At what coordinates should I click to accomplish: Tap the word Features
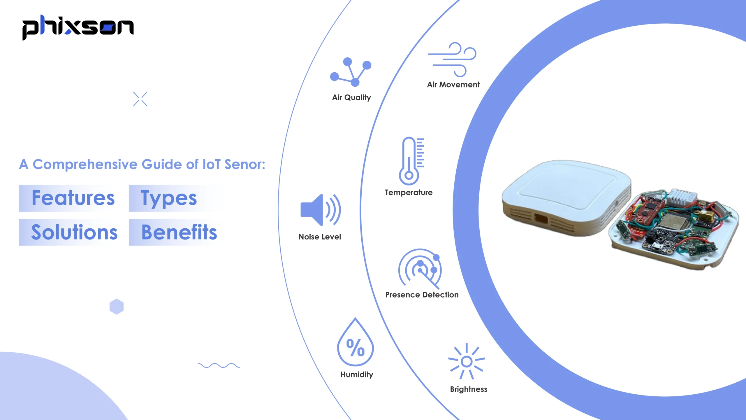tap(73, 198)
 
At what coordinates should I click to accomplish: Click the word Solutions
tap(74, 232)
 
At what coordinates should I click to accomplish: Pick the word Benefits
tap(179, 232)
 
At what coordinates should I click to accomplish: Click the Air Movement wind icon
tap(452, 60)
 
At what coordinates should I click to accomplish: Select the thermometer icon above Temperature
tap(411, 161)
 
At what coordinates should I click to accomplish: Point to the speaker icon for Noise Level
tap(320, 210)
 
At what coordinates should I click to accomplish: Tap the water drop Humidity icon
tap(355, 343)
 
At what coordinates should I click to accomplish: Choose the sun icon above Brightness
tap(467, 361)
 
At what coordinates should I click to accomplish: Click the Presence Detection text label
tap(422, 295)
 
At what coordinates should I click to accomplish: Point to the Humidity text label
tap(357, 374)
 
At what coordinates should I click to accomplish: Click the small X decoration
tap(140, 99)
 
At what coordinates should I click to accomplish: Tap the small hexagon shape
tap(117, 307)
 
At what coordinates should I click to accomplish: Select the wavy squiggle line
tap(219, 365)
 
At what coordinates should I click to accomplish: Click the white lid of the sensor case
tap(567, 185)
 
